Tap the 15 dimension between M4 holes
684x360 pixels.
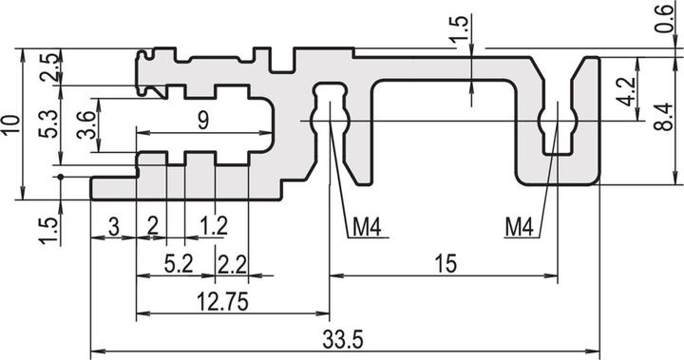pyautogui.click(x=444, y=264)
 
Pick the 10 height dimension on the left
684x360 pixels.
pyautogui.click(x=10, y=124)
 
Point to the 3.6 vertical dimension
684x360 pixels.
pyautogui.click(x=86, y=124)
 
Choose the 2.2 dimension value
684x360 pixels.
pyautogui.click(x=231, y=264)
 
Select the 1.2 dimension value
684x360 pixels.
pyautogui.click(x=217, y=227)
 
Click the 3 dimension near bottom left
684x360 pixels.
pyautogui.click(x=113, y=227)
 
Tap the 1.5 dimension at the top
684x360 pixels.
pyautogui.click(x=460, y=26)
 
